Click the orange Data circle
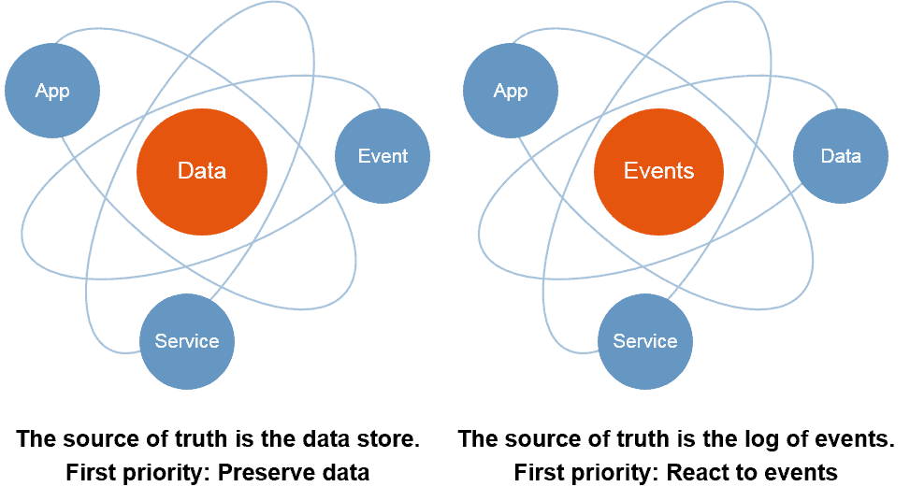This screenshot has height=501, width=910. click(x=202, y=172)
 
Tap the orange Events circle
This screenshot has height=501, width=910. click(x=659, y=172)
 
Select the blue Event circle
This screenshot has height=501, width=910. click(x=383, y=156)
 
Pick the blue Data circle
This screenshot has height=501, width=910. click(x=841, y=156)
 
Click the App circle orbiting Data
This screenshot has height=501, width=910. click(x=52, y=91)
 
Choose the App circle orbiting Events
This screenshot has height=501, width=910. click(x=511, y=91)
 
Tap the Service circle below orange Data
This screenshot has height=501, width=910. click(x=187, y=341)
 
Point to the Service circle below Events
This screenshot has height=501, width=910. click(x=645, y=341)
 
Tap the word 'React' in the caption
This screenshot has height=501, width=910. click(x=699, y=473)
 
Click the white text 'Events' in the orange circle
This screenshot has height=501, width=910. click(x=659, y=172)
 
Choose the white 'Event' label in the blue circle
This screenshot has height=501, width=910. click(x=383, y=156)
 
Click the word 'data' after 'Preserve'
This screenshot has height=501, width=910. click(x=344, y=473)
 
